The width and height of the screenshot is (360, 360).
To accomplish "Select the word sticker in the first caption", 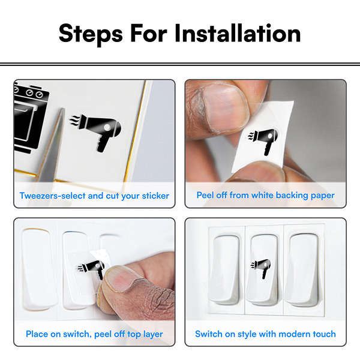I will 153,196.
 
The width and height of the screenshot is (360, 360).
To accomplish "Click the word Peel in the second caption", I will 206,196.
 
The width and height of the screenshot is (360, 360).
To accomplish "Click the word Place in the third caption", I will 37,334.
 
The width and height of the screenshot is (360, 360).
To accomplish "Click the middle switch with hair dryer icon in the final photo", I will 265,270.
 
